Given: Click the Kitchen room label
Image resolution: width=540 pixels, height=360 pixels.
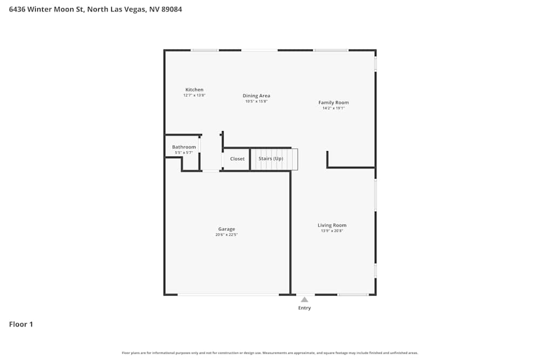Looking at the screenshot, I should (194, 90).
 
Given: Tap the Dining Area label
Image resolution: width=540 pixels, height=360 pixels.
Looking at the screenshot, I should (256, 96).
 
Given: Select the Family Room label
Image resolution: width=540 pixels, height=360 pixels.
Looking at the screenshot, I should (333, 103).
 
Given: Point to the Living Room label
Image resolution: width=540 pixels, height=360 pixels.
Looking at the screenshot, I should (332, 225).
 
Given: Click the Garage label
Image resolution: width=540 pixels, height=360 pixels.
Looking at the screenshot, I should (227, 229).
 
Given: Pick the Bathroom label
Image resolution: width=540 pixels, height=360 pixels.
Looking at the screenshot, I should (184, 147).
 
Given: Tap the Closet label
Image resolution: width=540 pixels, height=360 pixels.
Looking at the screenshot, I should (238, 159).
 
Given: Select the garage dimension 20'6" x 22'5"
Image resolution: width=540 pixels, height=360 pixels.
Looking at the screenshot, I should (227, 235).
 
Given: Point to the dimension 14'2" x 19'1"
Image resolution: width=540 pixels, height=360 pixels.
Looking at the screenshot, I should (333, 108).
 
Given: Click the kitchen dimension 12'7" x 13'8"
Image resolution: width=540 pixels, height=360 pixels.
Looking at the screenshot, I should (194, 95).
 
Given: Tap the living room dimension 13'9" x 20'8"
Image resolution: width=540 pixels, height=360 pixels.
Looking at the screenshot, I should (332, 231).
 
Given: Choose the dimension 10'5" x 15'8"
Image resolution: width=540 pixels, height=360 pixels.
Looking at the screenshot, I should (256, 101).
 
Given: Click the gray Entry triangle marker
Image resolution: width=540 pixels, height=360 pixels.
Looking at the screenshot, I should (305, 300).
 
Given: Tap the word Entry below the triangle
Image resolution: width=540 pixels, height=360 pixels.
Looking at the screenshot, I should (305, 308).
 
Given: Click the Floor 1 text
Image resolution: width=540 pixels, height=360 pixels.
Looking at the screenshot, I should (21, 324).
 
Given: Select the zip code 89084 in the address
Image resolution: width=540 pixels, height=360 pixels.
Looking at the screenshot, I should (170, 9).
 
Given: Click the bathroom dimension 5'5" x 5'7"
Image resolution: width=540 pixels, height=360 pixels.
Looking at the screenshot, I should (184, 153).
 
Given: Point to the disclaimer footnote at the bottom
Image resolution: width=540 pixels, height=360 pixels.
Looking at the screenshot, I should (270, 353).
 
